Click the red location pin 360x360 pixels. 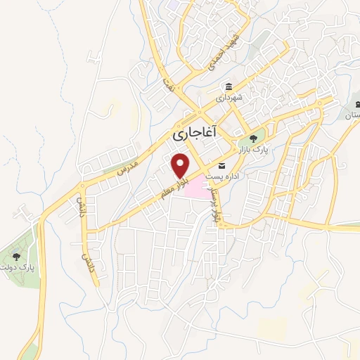click(x=181, y=166)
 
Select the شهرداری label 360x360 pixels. click(x=230, y=99)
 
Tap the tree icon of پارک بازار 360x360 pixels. click(x=252, y=136)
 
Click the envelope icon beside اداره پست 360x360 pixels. click(x=222, y=167)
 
